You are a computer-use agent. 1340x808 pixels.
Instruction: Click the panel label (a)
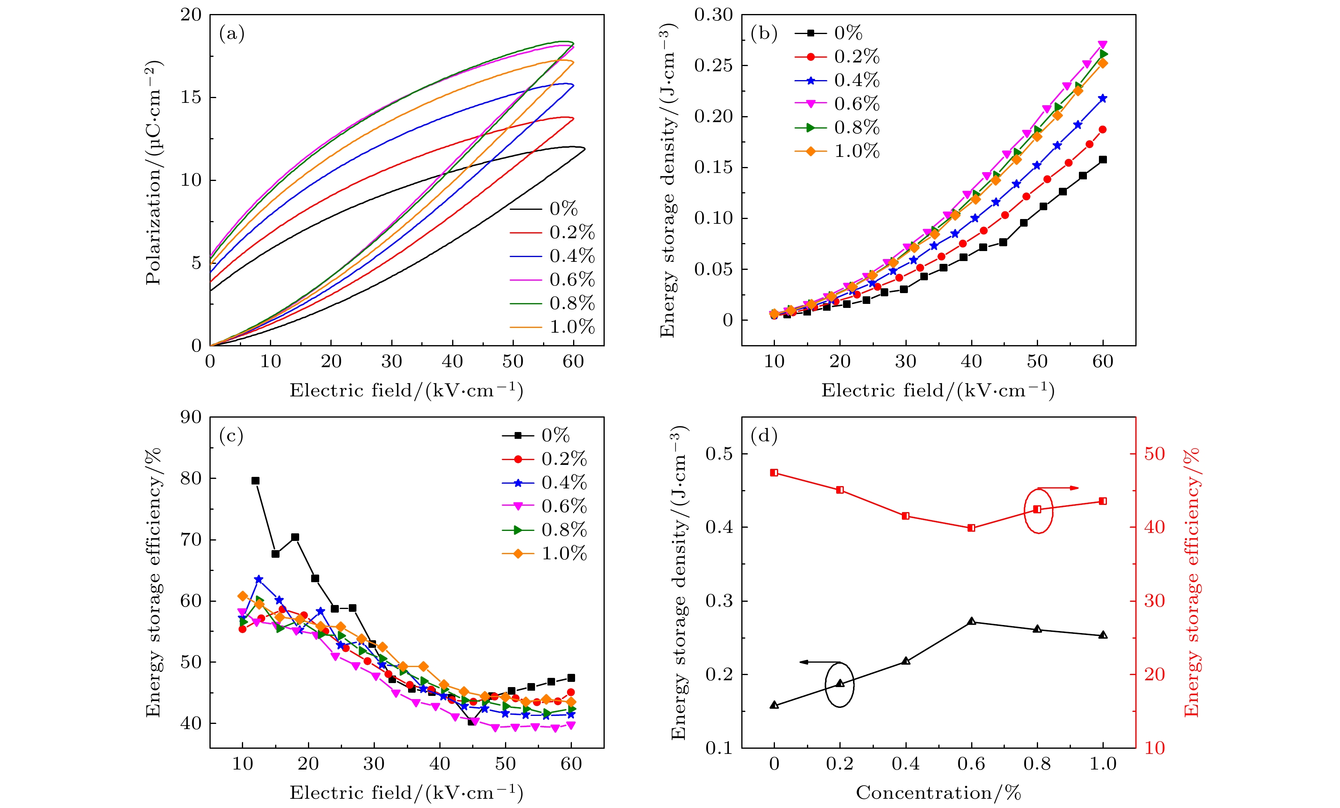coord(231,34)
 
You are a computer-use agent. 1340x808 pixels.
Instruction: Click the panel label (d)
coord(764,436)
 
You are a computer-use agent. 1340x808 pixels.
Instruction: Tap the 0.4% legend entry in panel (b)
coord(857,80)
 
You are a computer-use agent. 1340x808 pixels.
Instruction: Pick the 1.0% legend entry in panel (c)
coord(564,553)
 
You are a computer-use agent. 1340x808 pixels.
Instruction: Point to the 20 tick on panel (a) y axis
coord(191,15)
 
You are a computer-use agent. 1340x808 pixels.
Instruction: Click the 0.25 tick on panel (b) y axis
coord(713,66)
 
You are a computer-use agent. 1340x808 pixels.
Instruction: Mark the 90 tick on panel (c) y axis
coord(191,417)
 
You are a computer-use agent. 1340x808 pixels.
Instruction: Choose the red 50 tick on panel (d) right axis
coord(1154,454)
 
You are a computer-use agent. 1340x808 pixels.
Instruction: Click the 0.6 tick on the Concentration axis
coord(971,764)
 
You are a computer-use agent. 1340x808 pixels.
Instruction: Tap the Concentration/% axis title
coord(938,793)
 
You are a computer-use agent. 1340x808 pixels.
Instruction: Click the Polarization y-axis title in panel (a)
coord(153,173)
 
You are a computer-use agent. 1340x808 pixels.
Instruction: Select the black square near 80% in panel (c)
coord(256,480)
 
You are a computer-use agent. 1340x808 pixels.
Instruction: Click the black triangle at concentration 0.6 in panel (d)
coord(971,621)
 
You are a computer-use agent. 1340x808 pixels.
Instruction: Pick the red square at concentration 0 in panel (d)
coord(774,472)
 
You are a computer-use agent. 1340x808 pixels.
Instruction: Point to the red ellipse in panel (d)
coord(1038,511)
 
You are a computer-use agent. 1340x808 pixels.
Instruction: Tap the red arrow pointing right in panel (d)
coord(1058,488)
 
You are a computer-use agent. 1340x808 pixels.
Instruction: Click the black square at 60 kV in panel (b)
coord(1103,160)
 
